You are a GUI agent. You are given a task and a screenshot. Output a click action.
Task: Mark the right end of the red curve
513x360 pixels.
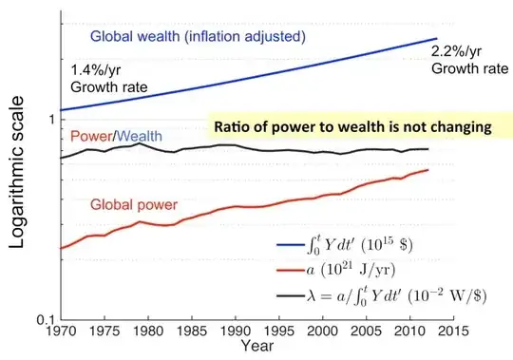[427, 170]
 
